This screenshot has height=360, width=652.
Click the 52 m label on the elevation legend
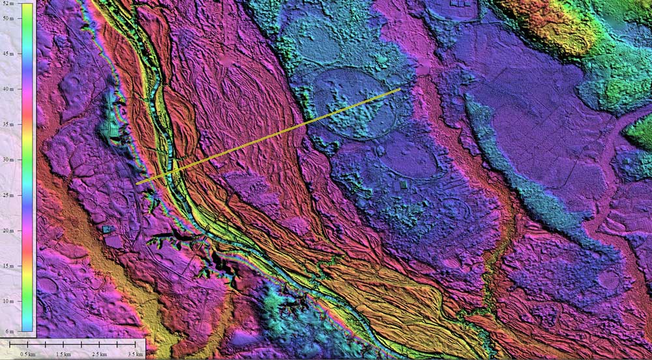click(x=9, y=5)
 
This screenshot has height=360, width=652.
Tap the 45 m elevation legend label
click(x=9, y=53)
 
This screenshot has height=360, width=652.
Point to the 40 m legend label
click(x=9, y=89)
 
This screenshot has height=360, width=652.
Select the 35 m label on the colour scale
click(x=9, y=124)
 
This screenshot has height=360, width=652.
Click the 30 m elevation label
click(x=9, y=159)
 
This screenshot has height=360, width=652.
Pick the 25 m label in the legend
click(x=9, y=195)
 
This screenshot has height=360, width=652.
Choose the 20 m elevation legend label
click(x=9, y=230)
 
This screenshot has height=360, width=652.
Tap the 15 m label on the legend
click(x=9, y=265)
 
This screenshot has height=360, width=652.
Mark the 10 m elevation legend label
click(x=9, y=301)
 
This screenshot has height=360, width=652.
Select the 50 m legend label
click(x=9, y=18)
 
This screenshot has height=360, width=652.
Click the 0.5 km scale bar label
click(x=28, y=353)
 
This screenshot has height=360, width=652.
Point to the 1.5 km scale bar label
click(x=64, y=353)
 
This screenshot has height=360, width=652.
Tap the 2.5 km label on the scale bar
click(x=100, y=353)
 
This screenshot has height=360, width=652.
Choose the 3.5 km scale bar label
click(x=136, y=353)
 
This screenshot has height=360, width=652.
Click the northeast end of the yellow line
click(x=400, y=89)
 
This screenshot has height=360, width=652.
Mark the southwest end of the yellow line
click(x=137, y=184)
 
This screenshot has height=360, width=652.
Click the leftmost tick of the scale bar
click(x=11, y=343)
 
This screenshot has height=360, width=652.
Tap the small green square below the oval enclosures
click(x=403, y=185)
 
